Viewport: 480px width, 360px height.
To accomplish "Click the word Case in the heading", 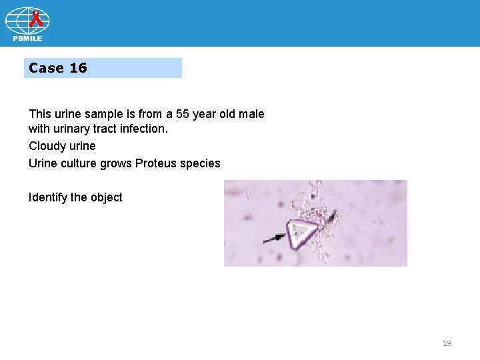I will (x=46, y=68).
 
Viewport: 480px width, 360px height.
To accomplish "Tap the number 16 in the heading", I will (x=78, y=68).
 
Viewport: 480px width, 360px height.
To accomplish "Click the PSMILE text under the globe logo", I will (x=27, y=39).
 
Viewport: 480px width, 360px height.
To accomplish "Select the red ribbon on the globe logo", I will (x=37, y=19).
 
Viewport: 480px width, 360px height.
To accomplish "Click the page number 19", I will (x=447, y=343).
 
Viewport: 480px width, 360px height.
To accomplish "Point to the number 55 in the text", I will (x=183, y=114).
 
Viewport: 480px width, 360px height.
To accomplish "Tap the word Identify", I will (x=48, y=197).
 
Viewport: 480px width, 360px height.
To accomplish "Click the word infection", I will (x=145, y=129).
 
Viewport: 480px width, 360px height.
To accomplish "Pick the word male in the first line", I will (x=251, y=114).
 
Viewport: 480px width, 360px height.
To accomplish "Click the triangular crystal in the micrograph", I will (x=301, y=233).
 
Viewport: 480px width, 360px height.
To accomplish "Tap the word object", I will (x=106, y=197).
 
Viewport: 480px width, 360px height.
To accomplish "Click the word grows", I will (x=116, y=163).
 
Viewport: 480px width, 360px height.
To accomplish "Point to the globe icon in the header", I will (x=27, y=21).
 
